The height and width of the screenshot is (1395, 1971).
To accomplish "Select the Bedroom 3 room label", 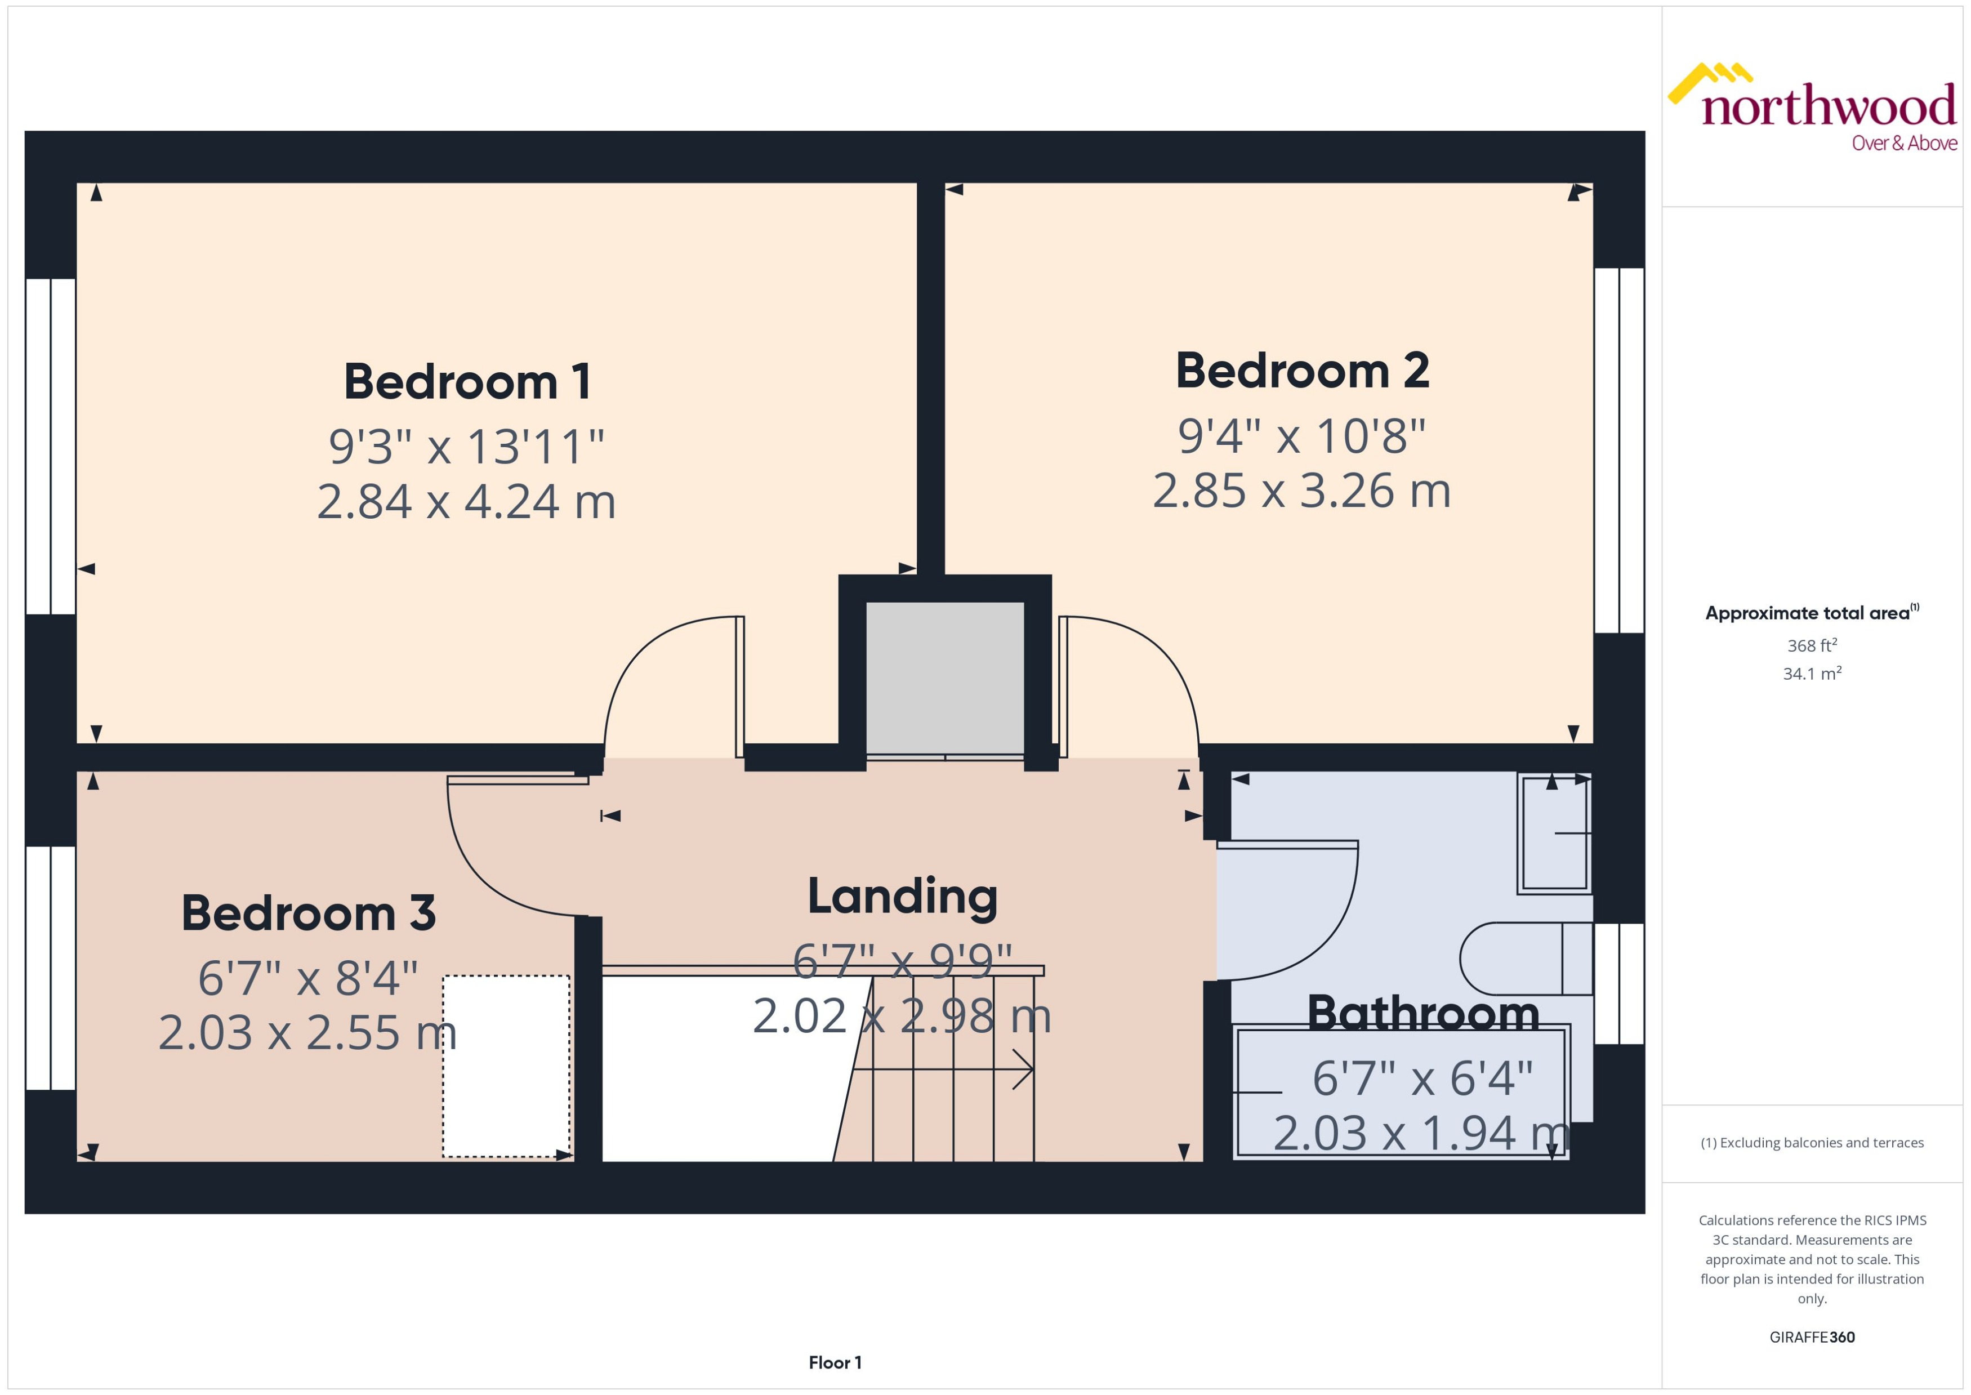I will (x=308, y=912).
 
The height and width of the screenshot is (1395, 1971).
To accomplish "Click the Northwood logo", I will (x=1812, y=108).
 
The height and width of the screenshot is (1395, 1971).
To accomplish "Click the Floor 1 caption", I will (x=834, y=1362).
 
